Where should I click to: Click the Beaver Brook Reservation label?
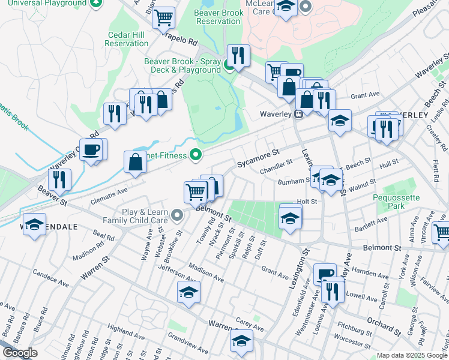click(218, 17)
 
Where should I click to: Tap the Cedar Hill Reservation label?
click(126, 39)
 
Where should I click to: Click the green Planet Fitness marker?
click(195, 155)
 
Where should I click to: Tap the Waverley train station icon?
click(298, 115)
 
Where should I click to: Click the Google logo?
click(20, 353)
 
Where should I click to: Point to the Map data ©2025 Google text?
click(412, 355)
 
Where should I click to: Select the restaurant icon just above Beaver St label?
click(59, 179)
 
